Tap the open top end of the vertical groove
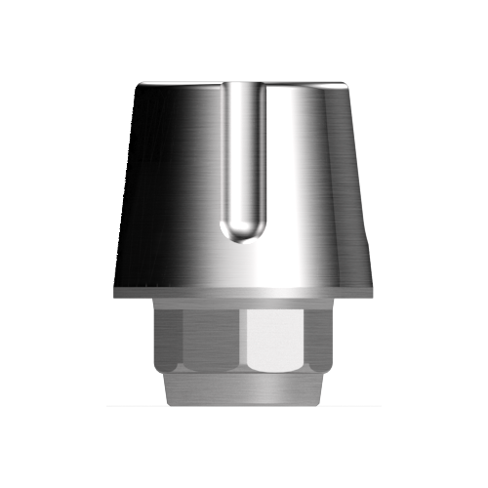coord(243,86)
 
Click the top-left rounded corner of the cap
coord(140,84)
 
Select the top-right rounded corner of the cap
coord(347,84)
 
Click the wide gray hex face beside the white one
coord(213,341)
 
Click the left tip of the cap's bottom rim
coord(113,292)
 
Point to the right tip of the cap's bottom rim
coord(374,292)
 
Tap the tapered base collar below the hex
coord(243,388)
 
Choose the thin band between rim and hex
coord(243,305)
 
